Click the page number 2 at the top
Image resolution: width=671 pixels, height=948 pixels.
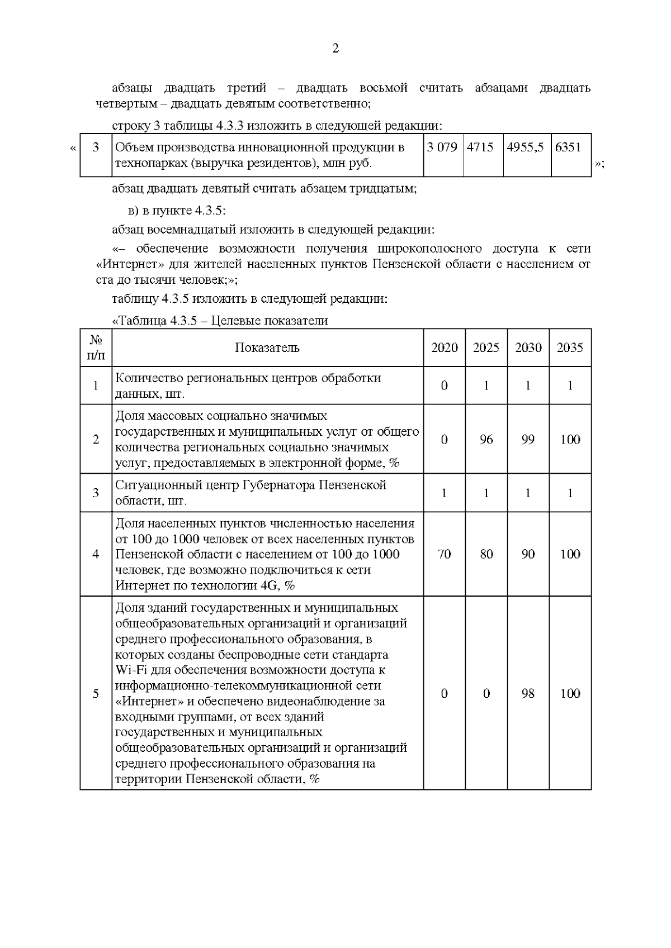click(335, 49)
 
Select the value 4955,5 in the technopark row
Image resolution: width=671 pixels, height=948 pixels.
click(524, 147)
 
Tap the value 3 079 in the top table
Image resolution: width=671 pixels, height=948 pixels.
click(442, 147)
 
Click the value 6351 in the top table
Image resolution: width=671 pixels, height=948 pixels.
click(568, 147)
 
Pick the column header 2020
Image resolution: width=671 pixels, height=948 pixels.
click(445, 347)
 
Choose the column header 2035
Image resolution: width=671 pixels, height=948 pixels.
click(570, 347)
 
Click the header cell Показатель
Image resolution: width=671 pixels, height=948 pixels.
click(267, 347)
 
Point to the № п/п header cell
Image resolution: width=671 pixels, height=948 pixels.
click(96, 347)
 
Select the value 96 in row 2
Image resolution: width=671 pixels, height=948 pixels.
click(486, 440)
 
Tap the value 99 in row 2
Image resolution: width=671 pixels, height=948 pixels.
click(528, 440)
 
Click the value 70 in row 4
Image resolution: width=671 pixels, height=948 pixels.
click(445, 554)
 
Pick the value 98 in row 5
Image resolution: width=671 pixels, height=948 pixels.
click(528, 693)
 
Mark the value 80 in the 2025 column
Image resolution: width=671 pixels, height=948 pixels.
click(486, 554)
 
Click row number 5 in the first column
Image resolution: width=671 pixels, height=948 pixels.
click(96, 693)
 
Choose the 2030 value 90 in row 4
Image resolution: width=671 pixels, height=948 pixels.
click(528, 554)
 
